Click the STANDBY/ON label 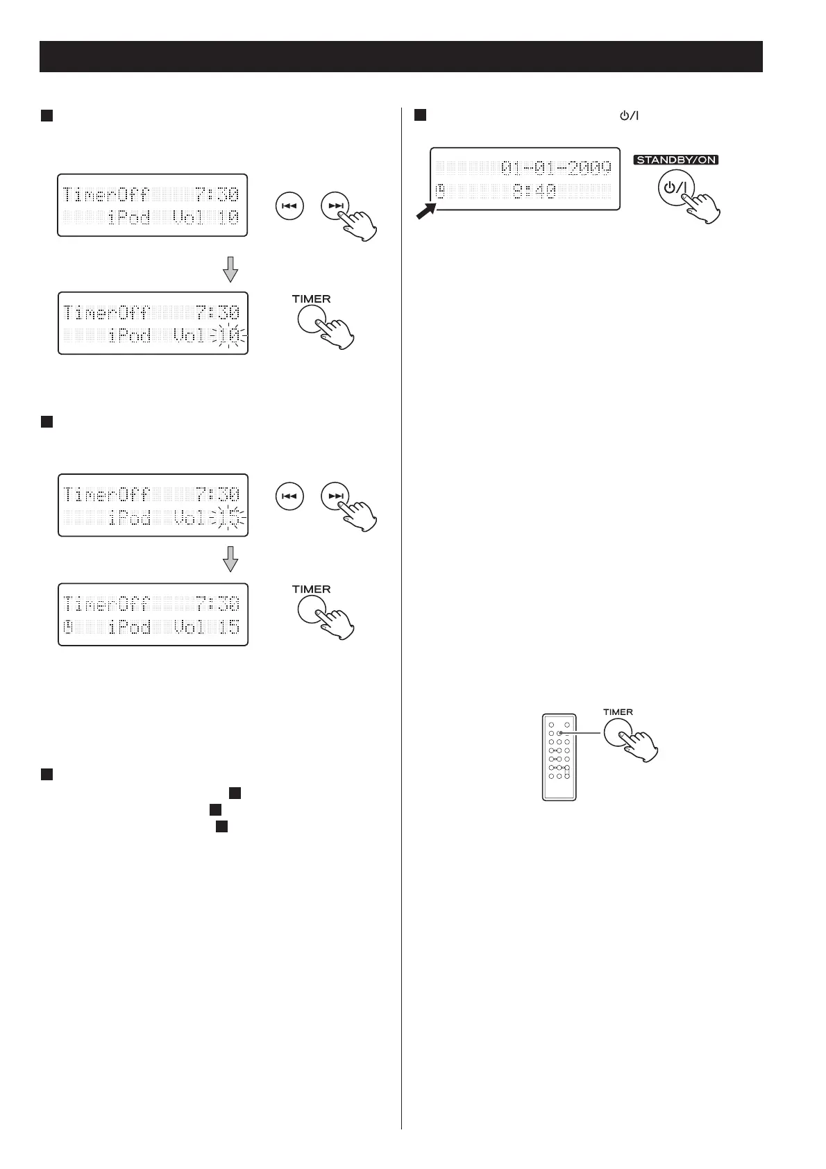coord(675,160)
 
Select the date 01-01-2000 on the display coord(556,167)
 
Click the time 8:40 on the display coord(534,191)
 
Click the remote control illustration coord(559,757)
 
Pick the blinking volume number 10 coord(229,336)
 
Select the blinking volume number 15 coord(229,517)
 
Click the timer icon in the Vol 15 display coord(69,628)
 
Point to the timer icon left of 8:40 coord(440,191)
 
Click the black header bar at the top coord(401,56)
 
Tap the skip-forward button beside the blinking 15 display coord(335,496)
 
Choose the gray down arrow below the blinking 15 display coord(230,558)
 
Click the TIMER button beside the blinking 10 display coord(311,321)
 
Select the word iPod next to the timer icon coord(130,628)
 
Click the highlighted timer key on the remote coord(559,732)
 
